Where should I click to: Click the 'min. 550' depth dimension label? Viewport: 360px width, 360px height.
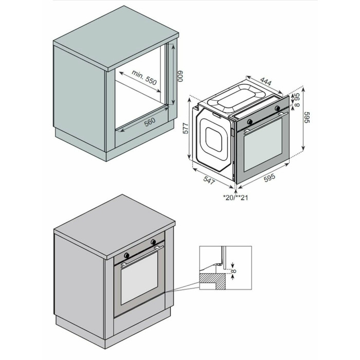(144, 77)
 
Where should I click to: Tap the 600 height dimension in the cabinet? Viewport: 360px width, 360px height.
(181, 76)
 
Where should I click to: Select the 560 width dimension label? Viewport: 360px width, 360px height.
(150, 122)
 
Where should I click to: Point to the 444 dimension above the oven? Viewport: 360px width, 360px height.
(266, 81)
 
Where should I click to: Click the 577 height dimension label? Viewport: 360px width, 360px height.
(186, 128)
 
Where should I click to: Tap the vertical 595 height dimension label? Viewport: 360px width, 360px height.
(307, 117)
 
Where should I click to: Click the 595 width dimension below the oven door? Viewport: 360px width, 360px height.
(269, 177)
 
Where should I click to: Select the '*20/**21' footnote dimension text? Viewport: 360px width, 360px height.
(236, 197)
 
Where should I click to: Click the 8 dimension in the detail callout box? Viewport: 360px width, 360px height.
(233, 271)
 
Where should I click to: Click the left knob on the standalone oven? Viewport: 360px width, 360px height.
(250, 121)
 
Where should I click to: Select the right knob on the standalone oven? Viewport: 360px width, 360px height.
(278, 107)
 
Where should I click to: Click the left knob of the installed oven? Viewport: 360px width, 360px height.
(127, 255)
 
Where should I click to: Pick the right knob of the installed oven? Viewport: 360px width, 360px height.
(153, 242)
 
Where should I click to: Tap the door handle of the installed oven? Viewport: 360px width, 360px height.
(142, 257)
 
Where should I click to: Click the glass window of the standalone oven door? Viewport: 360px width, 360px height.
(263, 145)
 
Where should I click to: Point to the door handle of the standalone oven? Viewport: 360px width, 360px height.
(266, 123)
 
